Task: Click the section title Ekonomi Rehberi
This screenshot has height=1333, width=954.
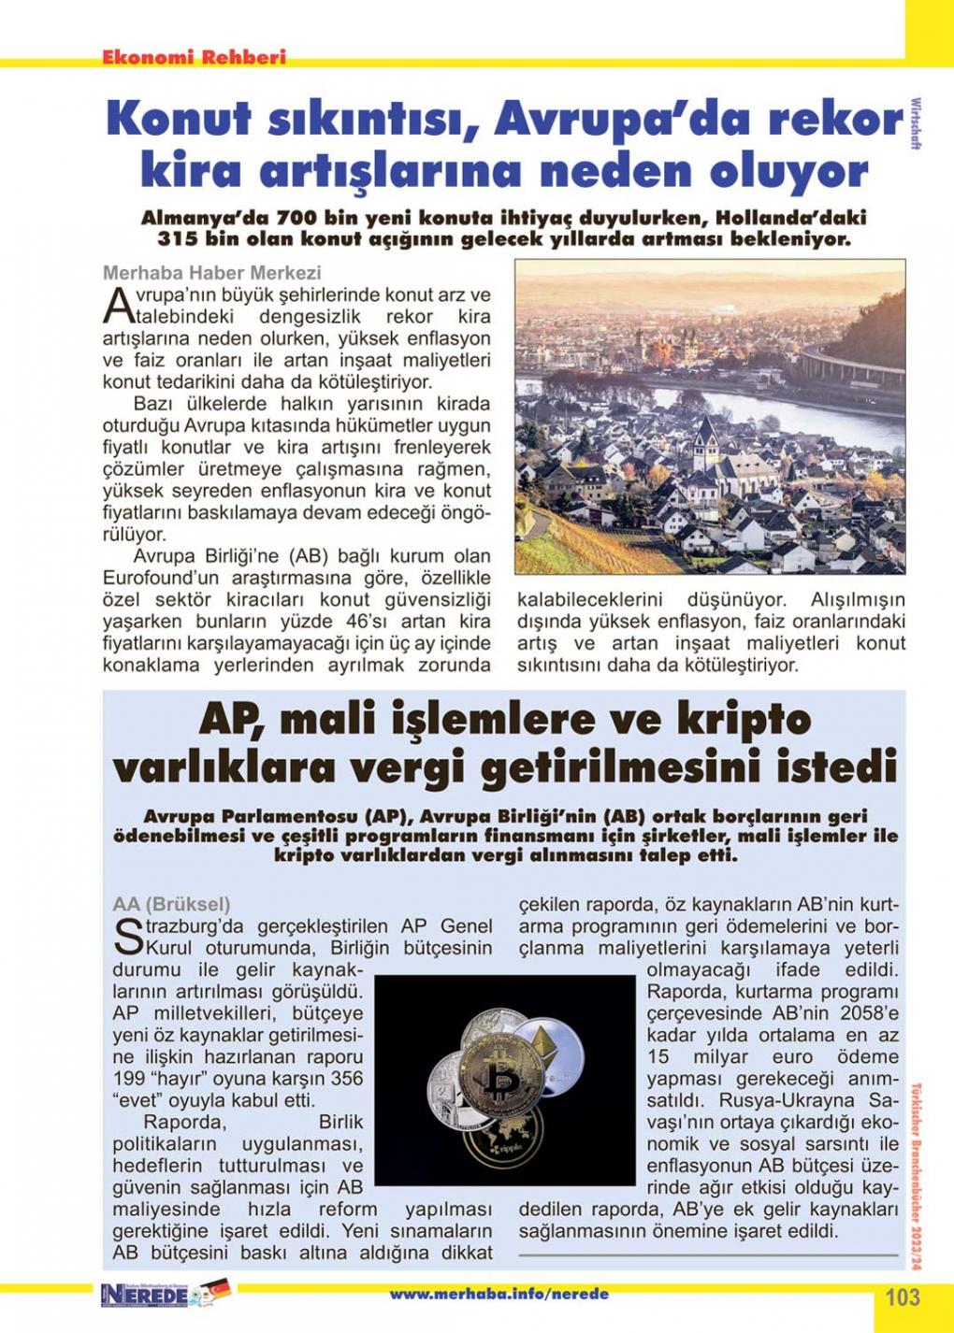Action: [x=194, y=57]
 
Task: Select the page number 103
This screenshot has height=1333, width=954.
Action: [x=902, y=1297]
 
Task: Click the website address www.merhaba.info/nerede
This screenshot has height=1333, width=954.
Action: [x=499, y=1294]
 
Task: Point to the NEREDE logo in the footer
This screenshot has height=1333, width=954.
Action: [x=144, y=1295]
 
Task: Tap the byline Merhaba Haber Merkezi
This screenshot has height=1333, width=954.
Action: [x=211, y=272]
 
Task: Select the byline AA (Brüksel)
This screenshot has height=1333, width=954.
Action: [x=170, y=904]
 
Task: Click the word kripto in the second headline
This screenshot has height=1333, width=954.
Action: [x=730, y=720]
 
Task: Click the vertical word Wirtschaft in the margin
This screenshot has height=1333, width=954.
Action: [x=915, y=122]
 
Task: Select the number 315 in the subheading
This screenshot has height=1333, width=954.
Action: [x=177, y=239]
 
